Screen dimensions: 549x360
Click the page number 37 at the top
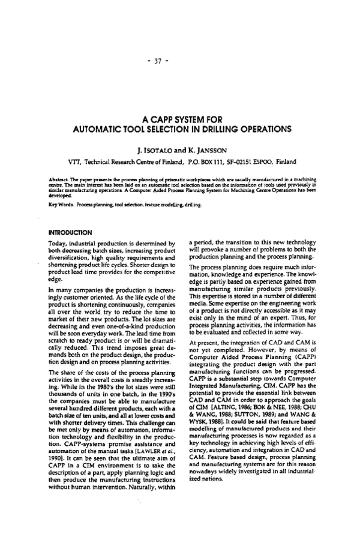(179, 60)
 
